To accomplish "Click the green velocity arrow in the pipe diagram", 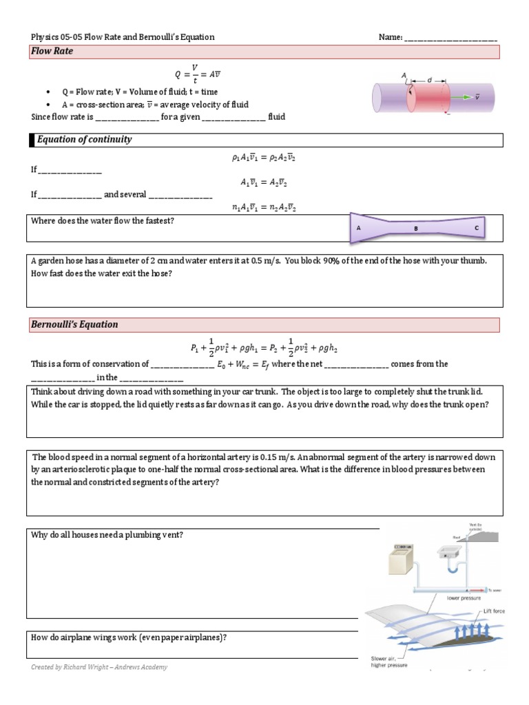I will tap(460, 97).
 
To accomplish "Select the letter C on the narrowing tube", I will tap(477, 227).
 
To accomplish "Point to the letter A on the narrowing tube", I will tap(359, 227).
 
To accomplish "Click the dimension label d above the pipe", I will tap(429, 80).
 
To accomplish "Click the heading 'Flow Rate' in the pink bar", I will tap(53, 52).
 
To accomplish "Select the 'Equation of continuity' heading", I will tap(84, 140).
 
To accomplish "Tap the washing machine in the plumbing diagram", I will tap(402, 559).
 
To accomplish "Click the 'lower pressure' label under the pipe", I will tap(464, 598).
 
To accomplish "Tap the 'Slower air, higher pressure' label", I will tap(386, 661).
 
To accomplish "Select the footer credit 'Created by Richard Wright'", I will tap(99, 667).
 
